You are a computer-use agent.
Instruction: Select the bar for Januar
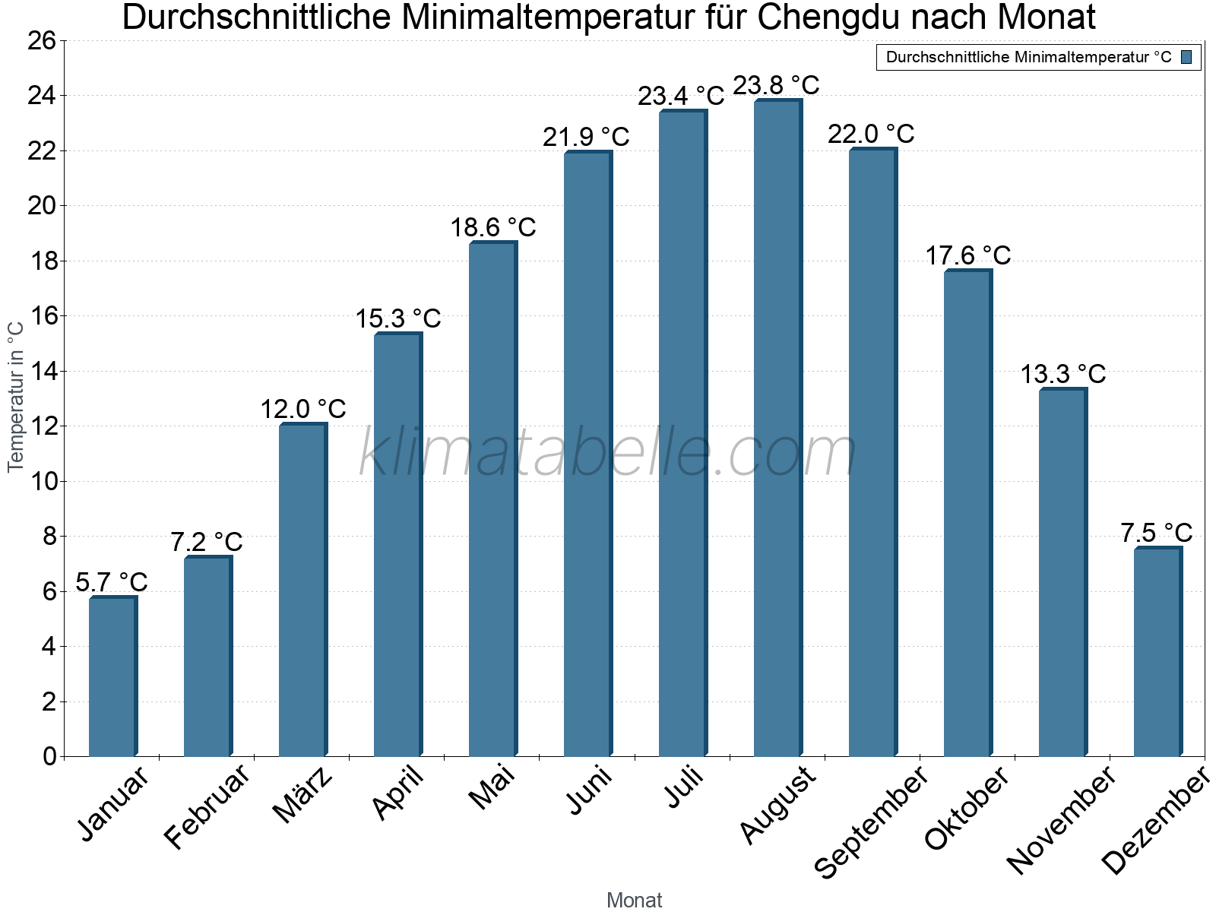point(112,676)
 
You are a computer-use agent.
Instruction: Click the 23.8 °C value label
point(776,85)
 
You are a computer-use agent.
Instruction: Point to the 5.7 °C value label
point(112,582)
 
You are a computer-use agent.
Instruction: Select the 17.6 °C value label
point(967,255)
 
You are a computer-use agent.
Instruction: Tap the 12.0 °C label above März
point(303,410)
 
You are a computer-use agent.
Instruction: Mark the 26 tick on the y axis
point(43,40)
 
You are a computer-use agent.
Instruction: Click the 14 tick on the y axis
point(43,371)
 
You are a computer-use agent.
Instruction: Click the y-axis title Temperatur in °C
point(16,397)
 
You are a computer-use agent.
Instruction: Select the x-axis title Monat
point(635,901)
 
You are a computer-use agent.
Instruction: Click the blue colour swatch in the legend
point(1186,57)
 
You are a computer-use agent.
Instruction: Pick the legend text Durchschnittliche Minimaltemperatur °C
point(1028,57)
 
